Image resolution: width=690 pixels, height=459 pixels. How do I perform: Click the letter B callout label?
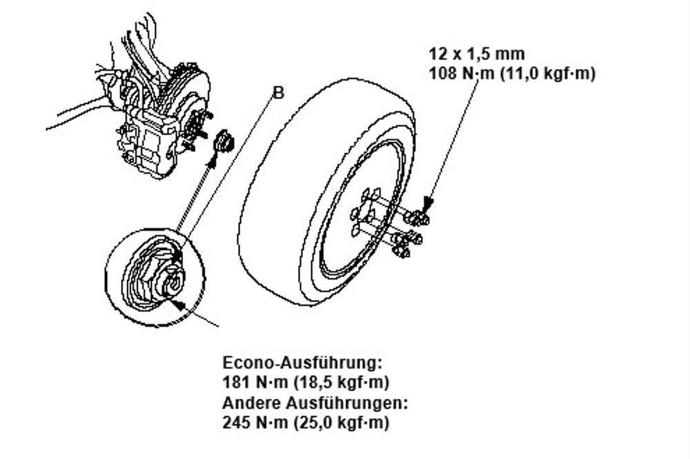coord(279,93)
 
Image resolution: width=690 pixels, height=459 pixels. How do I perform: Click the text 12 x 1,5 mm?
coord(477,54)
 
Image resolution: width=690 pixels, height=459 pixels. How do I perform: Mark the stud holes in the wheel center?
coord(365,210)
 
